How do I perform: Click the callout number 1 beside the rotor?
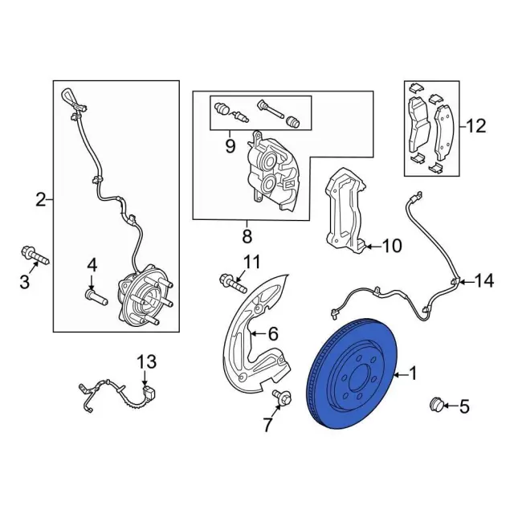(414, 373)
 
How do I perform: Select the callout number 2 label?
(40, 200)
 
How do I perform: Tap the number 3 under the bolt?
(24, 282)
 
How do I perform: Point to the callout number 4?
(92, 264)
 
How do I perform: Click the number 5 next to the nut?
(463, 407)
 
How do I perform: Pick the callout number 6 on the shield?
(272, 333)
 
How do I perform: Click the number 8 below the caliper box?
(247, 236)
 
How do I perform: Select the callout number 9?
(230, 145)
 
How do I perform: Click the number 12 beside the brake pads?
(475, 125)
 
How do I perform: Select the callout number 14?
(483, 280)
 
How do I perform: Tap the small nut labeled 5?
(438, 404)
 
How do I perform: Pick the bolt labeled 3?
(32, 258)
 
